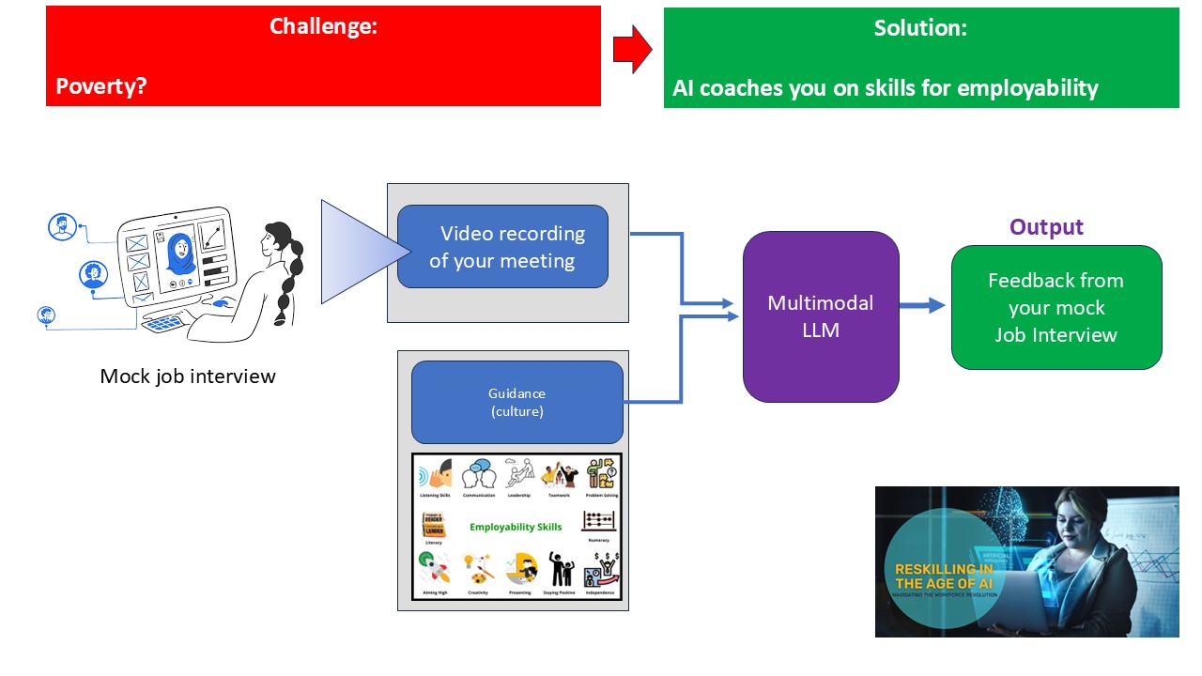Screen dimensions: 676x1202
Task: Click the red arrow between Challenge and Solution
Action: [x=632, y=49]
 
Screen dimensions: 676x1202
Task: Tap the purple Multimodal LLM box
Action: [x=820, y=316]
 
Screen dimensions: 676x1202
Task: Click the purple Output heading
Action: [x=1046, y=227]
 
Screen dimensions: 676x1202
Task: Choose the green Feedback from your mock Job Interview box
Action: [x=1056, y=307]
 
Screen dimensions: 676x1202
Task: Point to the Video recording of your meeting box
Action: [x=502, y=247]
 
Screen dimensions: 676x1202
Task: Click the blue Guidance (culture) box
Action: [x=516, y=402]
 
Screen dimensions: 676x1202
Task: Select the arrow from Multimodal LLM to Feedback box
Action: [x=922, y=305]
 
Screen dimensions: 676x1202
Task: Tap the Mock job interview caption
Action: [x=188, y=376]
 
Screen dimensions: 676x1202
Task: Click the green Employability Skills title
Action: [x=516, y=527]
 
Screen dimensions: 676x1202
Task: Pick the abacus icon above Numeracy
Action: [x=598, y=522]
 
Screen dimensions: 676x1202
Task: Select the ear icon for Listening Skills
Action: [x=434, y=474]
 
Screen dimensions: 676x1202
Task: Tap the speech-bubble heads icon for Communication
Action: [x=478, y=473]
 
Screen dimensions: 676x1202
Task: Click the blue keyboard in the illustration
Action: [x=166, y=322]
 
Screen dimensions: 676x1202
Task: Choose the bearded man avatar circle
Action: [x=63, y=227]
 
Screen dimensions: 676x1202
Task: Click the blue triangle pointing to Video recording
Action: [x=362, y=252]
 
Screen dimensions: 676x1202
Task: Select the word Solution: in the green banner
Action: [x=920, y=28]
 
